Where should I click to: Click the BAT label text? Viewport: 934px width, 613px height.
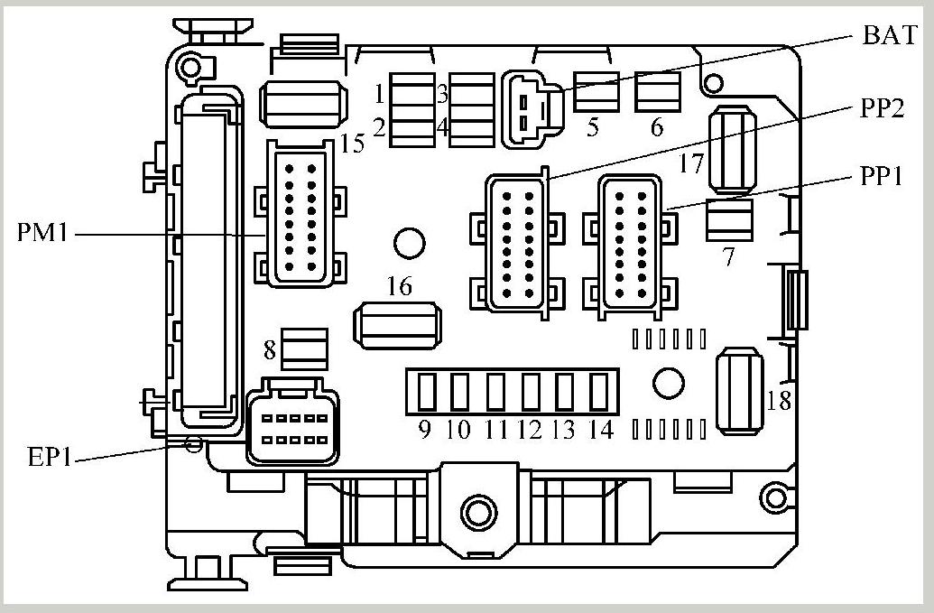(x=890, y=36)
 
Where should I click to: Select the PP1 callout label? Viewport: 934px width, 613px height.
(x=881, y=177)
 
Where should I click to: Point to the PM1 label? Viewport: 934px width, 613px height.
(x=44, y=233)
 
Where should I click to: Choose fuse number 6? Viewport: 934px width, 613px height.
(x=657, y=91)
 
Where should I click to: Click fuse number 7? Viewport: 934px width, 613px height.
(x=729, y=220)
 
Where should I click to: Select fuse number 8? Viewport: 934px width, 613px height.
(x=304, y=348)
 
